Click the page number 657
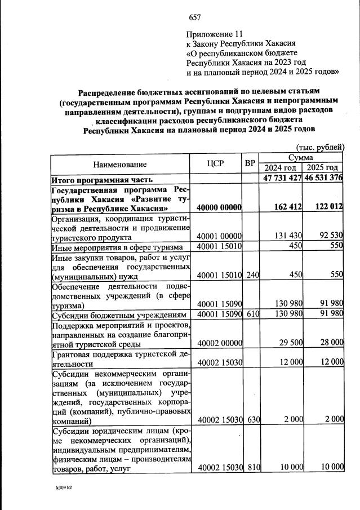point(195,17)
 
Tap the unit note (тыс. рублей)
point(319,147)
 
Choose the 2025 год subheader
point(322,168)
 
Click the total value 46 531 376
point(323,179)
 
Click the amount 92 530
point(328,236)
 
